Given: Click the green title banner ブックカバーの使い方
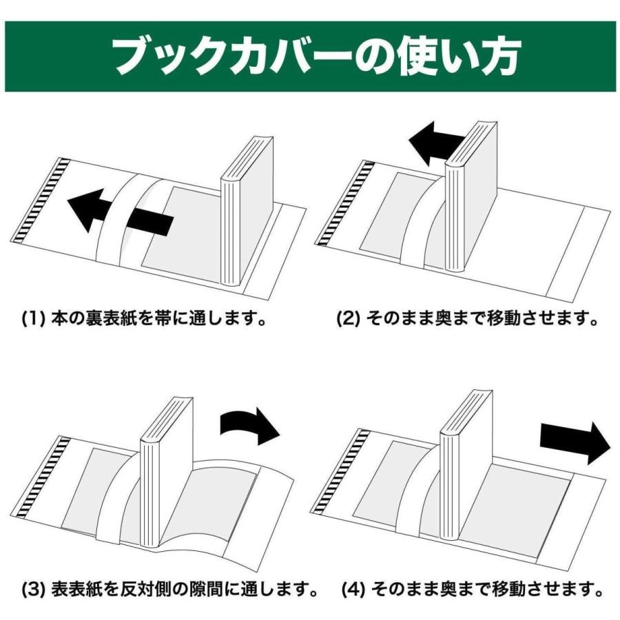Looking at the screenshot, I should tap(310, 56).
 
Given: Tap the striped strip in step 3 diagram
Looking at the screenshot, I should tap(45, 479).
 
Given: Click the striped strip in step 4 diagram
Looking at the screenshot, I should tap(338, 472).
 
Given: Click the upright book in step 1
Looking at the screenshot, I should tap(245, 214).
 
